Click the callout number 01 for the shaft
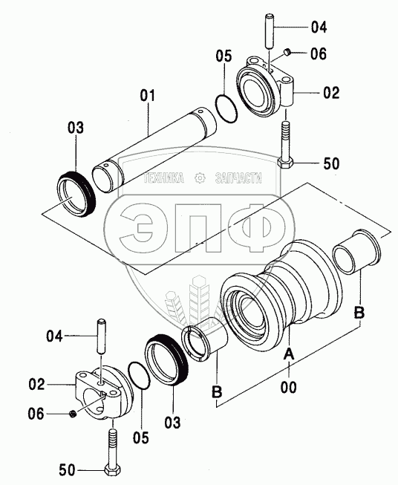148,96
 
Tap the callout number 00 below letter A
288,387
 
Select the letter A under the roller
289,354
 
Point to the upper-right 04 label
319,27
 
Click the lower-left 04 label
54,336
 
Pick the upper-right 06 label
319,53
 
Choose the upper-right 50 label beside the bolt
331,163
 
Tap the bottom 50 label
67,470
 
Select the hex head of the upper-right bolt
285,163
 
